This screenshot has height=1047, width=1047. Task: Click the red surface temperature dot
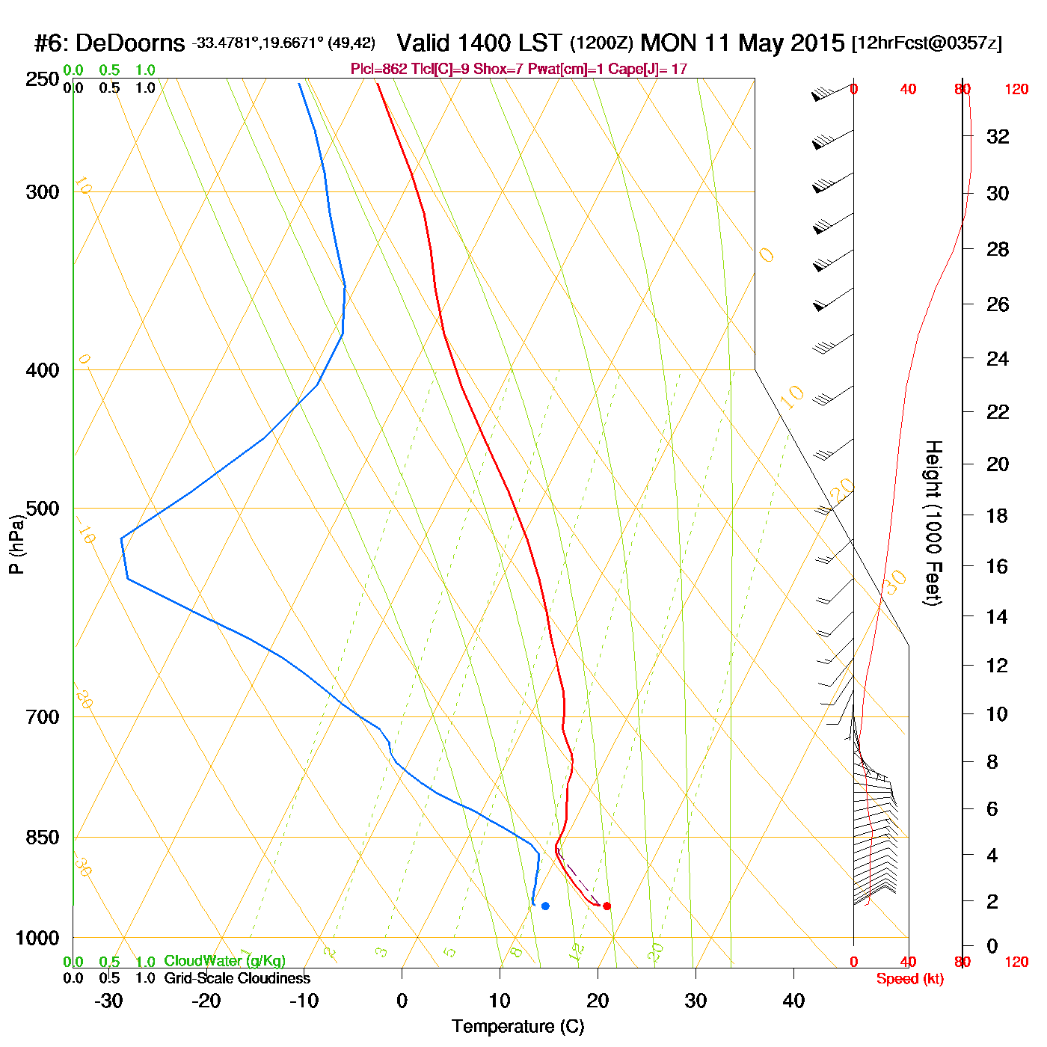607,906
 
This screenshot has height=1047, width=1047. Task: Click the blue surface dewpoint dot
545,906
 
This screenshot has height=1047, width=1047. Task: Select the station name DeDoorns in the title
130,43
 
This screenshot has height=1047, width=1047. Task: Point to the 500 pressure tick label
43,509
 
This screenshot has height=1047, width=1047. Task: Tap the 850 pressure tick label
43,838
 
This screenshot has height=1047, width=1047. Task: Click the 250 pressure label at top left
43,79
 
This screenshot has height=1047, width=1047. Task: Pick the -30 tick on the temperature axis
108,1001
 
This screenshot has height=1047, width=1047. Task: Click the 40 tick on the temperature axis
793,1001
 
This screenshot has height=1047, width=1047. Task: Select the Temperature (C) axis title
518,1027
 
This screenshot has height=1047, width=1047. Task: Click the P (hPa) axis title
16,544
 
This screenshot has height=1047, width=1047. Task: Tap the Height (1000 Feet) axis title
933,523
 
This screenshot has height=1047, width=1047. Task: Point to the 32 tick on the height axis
998,137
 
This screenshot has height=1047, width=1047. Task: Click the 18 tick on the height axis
997,515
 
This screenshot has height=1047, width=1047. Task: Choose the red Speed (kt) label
909,979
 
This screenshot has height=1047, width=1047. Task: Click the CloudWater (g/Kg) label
224,961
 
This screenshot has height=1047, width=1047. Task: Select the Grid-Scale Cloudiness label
237,978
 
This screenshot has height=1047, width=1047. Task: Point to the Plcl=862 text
379,70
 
